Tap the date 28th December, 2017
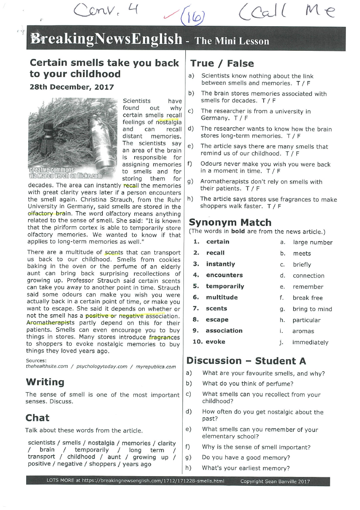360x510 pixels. [x=72, y=87]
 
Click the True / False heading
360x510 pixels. [x=222, y=63]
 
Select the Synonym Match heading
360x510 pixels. [x=230, y=222]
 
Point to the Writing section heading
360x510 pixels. [x=45, y=382]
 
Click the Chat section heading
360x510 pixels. [x=37, y=418]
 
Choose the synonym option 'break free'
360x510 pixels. [x=308, y=298]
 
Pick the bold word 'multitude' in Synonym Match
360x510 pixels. [x=222, y=297]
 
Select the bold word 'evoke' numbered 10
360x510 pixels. [x=215, y=342]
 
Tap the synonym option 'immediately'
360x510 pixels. [x=310, y=343]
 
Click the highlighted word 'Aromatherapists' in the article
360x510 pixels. [x=50, y=323]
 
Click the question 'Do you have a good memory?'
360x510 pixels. [x=246, y=458]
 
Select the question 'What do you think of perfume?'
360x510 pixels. [x=248, y=384]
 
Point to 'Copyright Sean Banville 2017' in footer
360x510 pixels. [x=275, y=481]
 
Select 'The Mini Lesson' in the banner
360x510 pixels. [x=231, y=41]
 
